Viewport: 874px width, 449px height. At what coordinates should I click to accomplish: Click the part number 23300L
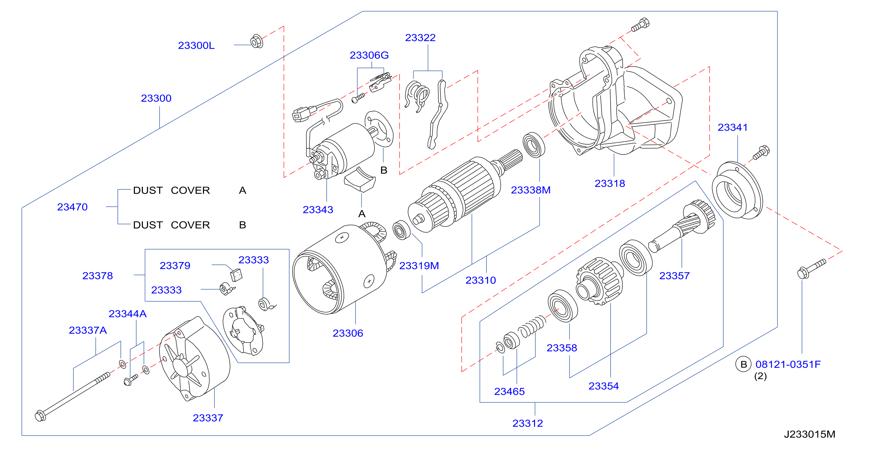[x=196, y=45]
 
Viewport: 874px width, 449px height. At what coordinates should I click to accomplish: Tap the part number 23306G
[x=369, y=55]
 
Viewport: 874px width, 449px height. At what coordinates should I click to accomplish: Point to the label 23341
[x=733, y=127]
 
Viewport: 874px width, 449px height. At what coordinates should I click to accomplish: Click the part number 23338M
[x=531, y=190]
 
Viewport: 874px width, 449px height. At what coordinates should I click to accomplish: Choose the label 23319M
[x=419, y=266]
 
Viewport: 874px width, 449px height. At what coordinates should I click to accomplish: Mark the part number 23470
[x=72, y=207]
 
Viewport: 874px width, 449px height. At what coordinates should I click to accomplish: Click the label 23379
[x=175, y=266]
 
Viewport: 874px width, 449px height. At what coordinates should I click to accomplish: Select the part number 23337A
[x=88, y=330]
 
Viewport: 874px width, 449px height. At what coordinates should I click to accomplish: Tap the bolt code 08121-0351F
[x=788, y=364]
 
